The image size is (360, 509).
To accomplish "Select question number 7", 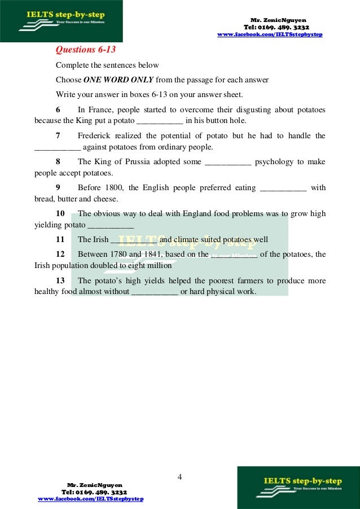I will pos(58,135).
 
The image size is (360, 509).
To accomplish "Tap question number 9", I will pos(58,187).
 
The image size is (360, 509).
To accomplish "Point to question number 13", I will pos(60,280).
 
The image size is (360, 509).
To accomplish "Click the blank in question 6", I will pos(160,121).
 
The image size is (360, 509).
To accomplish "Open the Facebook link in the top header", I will pos(270,36).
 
